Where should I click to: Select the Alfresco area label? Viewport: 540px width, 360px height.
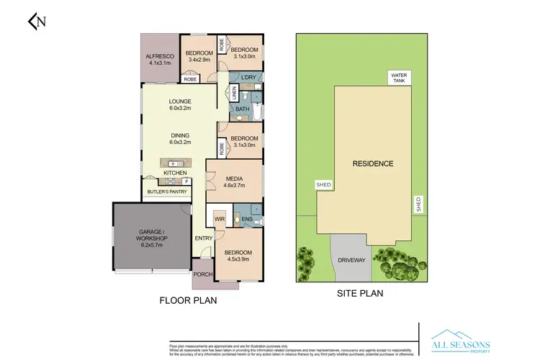tap(157, 59)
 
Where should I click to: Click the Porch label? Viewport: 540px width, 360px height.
tap(204, 274)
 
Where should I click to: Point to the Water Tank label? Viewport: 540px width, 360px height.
tap(398, 78)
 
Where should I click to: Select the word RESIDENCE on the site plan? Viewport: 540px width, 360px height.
tap(372, 163)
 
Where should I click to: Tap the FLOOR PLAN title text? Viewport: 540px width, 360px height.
tap(187, 300)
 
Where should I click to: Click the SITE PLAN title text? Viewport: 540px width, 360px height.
tap(359, 293)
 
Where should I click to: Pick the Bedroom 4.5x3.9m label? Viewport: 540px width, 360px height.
tap(238, 256)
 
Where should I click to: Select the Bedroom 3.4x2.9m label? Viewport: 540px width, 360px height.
tap(199, 56)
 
